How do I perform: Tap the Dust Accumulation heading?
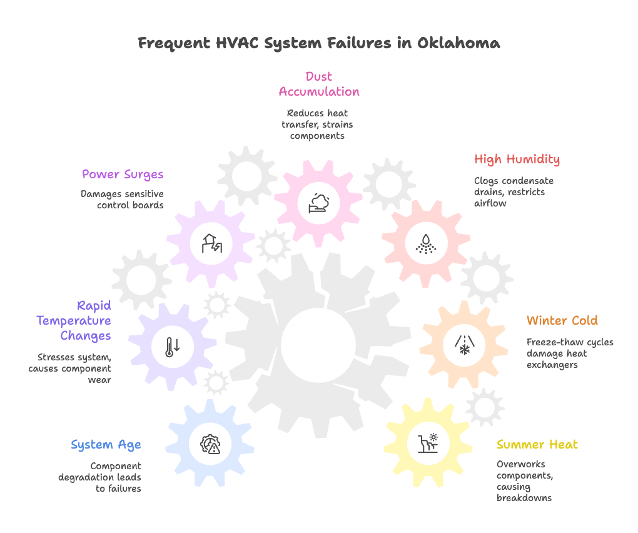319,84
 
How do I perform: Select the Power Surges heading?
123,174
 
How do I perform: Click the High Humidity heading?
517,159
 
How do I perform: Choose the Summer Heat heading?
537,444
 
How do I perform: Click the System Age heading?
106,445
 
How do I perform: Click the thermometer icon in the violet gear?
172,346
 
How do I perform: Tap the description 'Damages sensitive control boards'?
123,200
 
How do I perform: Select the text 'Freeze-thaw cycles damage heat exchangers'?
570,353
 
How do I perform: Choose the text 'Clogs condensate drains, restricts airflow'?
514,192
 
